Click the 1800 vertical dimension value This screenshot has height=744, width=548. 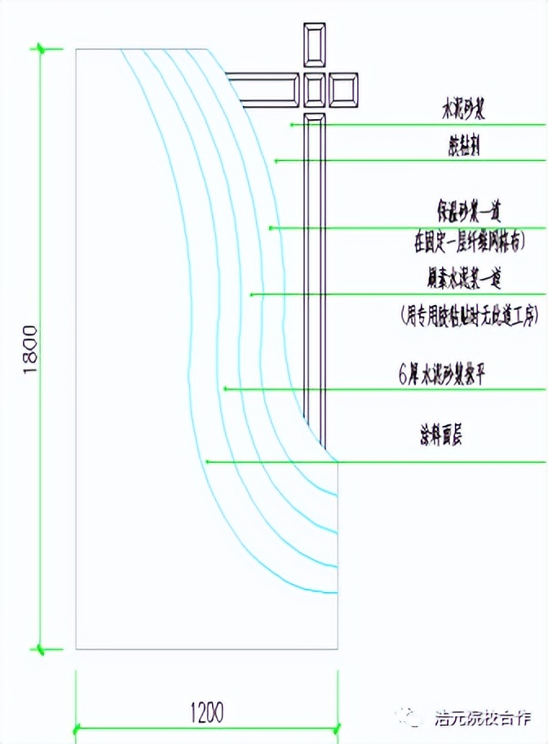pos(30,349)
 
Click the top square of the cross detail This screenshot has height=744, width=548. pos(315,47)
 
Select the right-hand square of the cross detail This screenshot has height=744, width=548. pos(343,90)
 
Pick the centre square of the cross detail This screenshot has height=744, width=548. pos(315,90)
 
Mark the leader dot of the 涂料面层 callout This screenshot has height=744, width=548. pos(207,462)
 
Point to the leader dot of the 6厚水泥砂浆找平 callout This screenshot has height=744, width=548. pos(224,389)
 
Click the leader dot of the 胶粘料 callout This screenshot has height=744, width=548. pos(276,161)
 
